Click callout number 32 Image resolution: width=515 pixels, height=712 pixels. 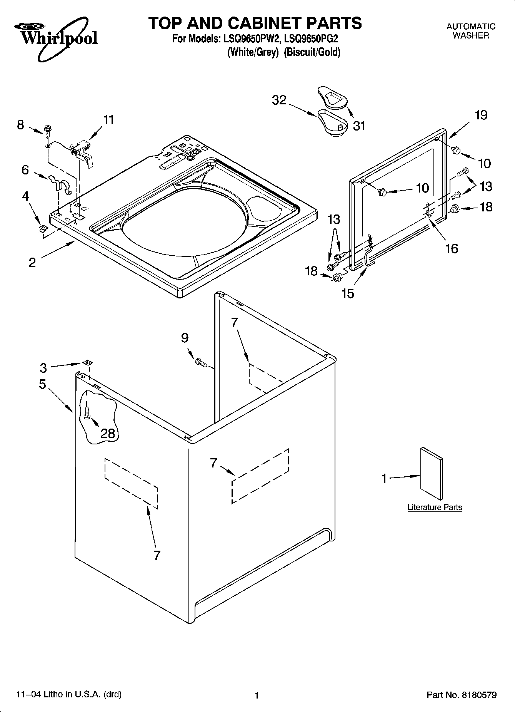[279, 100]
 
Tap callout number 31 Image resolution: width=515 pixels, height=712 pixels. [359, 126]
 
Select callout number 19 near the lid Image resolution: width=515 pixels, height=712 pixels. [481, 115]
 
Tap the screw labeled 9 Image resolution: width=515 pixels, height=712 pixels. [201, 362]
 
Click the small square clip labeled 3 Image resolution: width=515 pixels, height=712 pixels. [87, 362]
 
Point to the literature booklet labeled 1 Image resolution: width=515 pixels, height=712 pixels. [431, 474]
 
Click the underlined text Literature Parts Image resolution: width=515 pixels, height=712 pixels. [435, 507]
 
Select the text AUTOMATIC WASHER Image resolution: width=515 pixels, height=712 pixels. [471, 31]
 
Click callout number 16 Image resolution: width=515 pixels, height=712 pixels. [452, 248]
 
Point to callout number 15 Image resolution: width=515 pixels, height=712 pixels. [348, 293]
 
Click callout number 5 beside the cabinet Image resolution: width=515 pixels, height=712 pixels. [42, 384]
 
